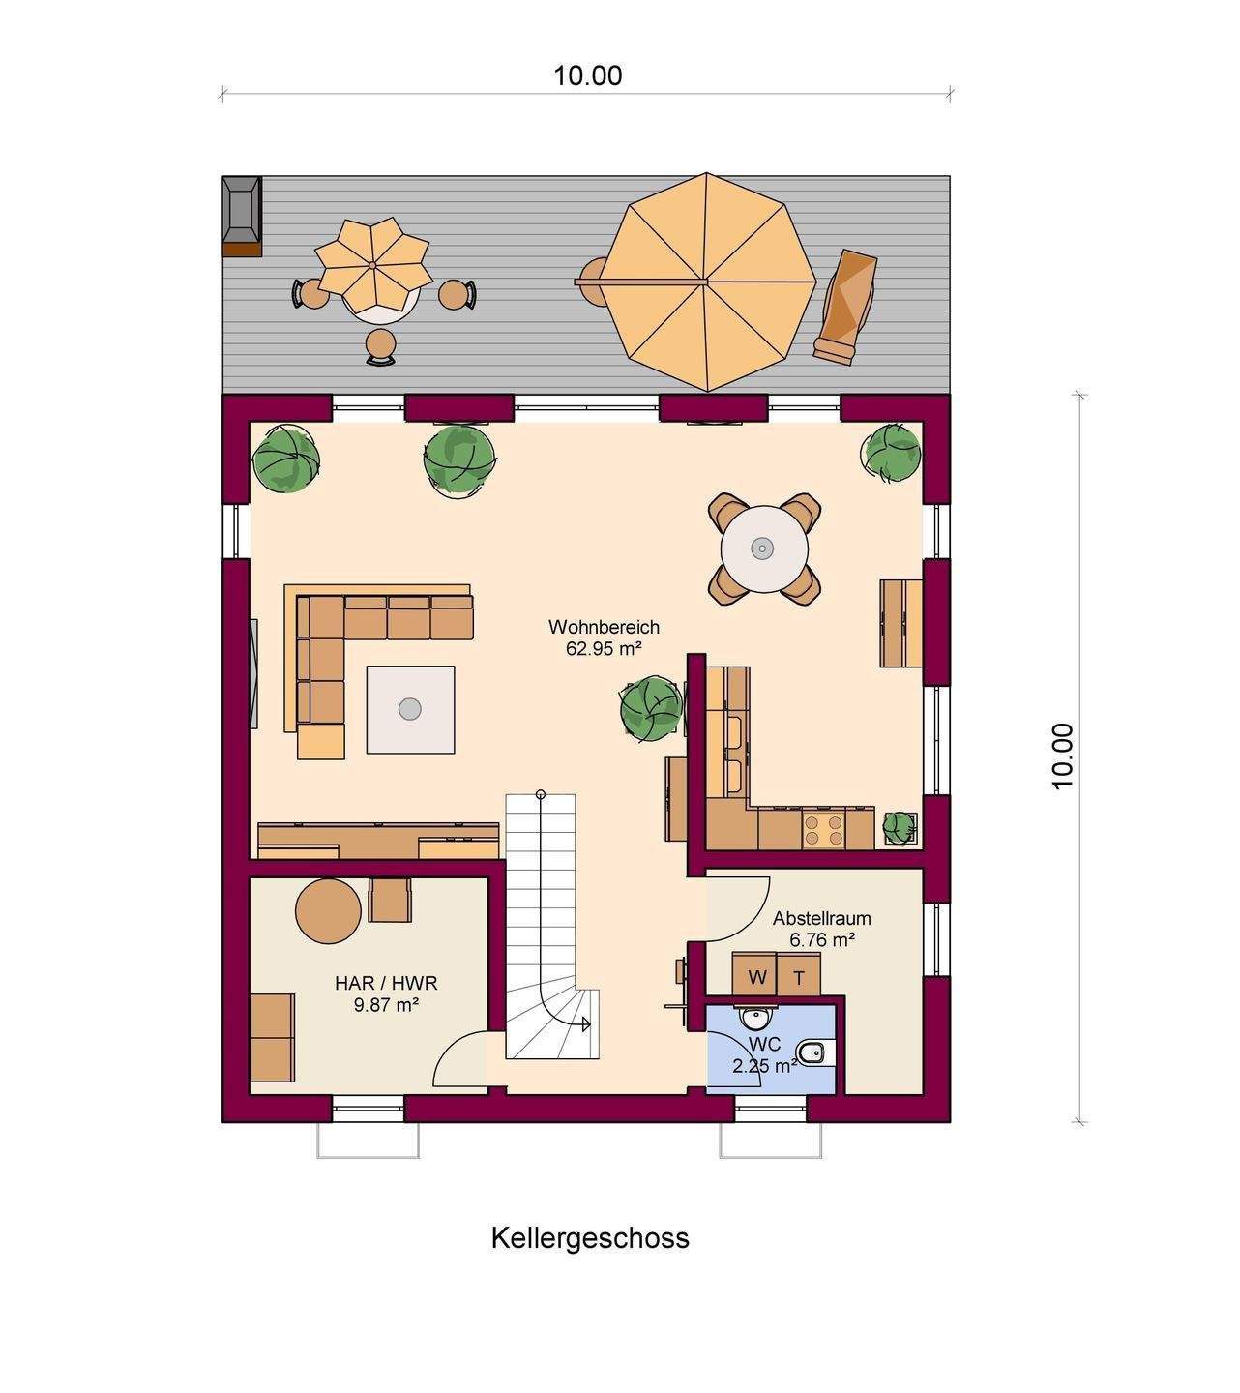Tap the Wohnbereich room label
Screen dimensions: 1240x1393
click(x=604, y=627)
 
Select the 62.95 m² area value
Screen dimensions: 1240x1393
click(x=604, y=648)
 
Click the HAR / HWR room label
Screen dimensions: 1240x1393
click(x=386, y=983)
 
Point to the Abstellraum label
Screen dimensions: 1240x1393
click(x=821, y=918)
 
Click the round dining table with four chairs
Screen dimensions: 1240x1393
click(x=764, y=548)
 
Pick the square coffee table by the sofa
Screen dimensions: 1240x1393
click(x=410, y=709)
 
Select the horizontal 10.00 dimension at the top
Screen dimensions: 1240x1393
click(x=587, y=92)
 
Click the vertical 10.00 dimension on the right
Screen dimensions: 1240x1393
click(x=1079, y=757)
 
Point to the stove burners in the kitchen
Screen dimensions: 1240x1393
click(x=823, y=829)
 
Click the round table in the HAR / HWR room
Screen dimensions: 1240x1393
click(x=328, y=911)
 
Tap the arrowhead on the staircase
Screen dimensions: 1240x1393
click(x=585, y=1024)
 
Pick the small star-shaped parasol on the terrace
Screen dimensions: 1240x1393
click(x=373, y=265)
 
